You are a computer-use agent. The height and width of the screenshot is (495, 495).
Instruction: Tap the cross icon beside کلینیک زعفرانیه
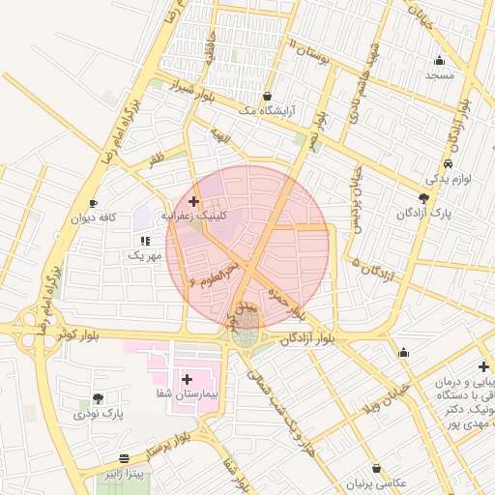(x=194, y=201)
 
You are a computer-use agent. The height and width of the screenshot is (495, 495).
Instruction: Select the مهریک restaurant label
(x=142, y=255)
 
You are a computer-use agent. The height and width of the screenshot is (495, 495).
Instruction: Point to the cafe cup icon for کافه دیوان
(x=93, y=203)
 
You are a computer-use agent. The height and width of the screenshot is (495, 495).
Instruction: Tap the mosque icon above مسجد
(x=440, y=60)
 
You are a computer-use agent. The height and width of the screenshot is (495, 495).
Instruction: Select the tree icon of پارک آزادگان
(x=423, y=197)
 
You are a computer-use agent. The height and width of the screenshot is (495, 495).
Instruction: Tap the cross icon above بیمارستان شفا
(x=186, y=380)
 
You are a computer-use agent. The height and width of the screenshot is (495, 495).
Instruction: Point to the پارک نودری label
(x=98, y=414)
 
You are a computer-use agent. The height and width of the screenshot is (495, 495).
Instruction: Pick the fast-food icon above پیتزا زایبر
(x=124, y=458)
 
